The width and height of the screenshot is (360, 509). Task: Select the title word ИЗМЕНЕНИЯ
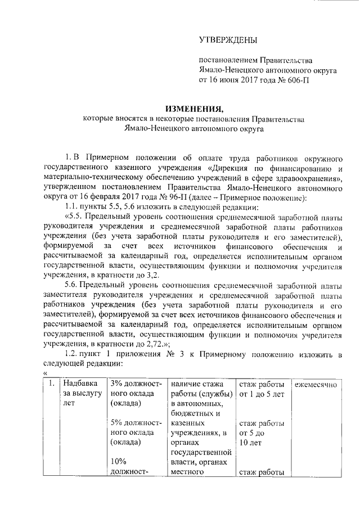(195, 108)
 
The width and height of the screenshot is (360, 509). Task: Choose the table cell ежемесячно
(315, 384)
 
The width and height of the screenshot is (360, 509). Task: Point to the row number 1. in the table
(51, 384)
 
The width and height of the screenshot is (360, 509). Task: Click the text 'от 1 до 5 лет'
(261, 394)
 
